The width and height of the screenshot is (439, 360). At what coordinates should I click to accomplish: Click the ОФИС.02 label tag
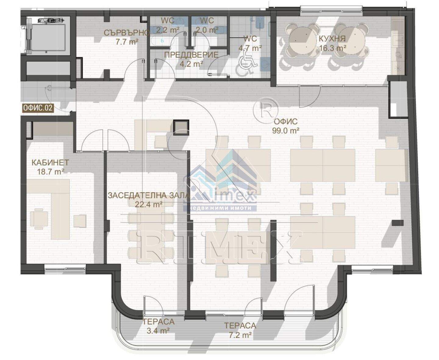[38, 108]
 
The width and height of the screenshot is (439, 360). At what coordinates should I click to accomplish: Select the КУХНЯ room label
[332, 38]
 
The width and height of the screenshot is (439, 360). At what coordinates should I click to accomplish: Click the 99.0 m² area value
[286, 131]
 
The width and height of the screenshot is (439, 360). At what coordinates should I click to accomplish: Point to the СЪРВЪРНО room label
[127, 33]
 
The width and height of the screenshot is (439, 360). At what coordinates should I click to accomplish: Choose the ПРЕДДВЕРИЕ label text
[191, 55]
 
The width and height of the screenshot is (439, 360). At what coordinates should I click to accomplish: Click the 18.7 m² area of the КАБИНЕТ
[50, 172]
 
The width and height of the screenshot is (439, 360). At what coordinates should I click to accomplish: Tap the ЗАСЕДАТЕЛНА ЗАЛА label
[149, 195]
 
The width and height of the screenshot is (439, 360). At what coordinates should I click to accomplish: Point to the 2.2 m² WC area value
[168, 30]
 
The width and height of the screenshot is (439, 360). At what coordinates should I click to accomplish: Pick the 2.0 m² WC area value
[206, 30]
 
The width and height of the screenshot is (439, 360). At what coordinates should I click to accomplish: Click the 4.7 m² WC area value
[250, 48]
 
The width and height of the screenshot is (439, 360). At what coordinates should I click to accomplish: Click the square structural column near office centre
[181, 128]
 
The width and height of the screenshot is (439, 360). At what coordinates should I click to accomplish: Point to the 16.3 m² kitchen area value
[333, 48]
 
